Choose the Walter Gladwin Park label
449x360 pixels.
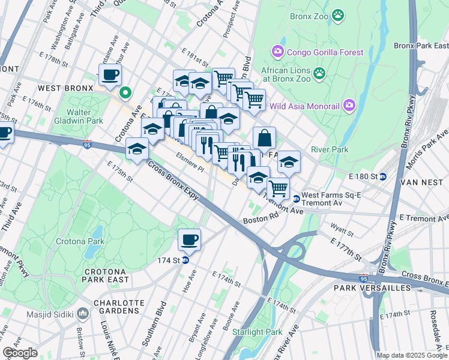pos(79,118)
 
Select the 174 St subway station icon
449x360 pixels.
pos(186,260)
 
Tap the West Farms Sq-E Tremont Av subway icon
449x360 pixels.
pos(296,199)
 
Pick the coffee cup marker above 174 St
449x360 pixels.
pos(189,240)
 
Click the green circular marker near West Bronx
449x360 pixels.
pos(125,92)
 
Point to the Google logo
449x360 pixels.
pos(20,353)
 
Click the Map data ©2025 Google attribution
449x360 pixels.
pos(411,355)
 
